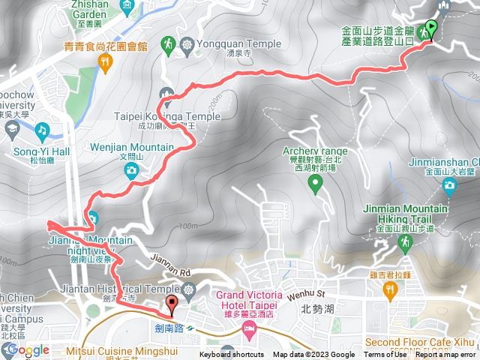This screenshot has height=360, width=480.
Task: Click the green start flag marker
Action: (430, 30)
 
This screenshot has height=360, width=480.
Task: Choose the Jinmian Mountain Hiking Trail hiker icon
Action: (406, 242)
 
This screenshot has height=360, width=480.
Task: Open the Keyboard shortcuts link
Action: (232, 355)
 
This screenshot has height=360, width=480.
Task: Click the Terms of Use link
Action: (385, 355)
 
